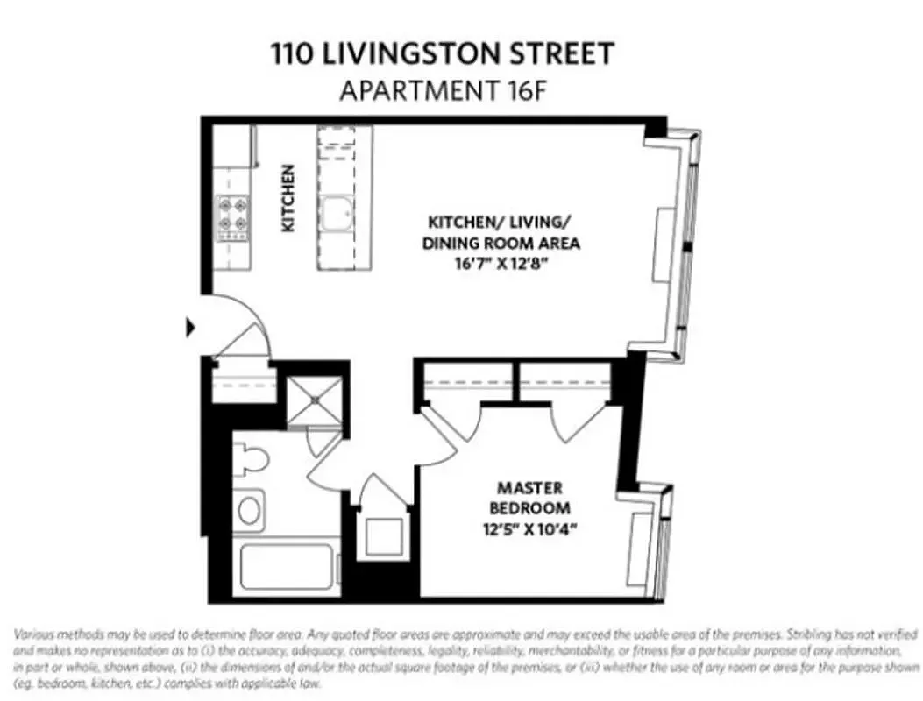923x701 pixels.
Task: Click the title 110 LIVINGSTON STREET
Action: click(442, 54)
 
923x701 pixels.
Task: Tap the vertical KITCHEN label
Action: click(288, 199)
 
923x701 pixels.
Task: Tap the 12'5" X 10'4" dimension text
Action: click(529, 528)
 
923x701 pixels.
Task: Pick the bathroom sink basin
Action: click(250, 509)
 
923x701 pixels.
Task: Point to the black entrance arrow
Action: click(188, 329)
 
